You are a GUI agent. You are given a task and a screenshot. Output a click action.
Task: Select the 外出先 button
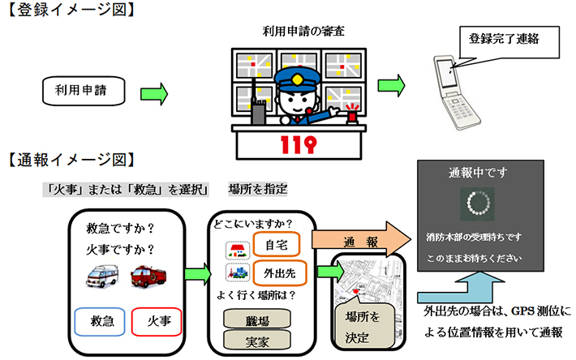pyautogui.click(x=276, y=272)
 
